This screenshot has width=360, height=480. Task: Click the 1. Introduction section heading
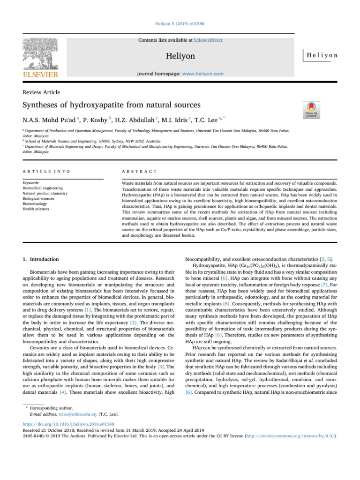41,259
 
